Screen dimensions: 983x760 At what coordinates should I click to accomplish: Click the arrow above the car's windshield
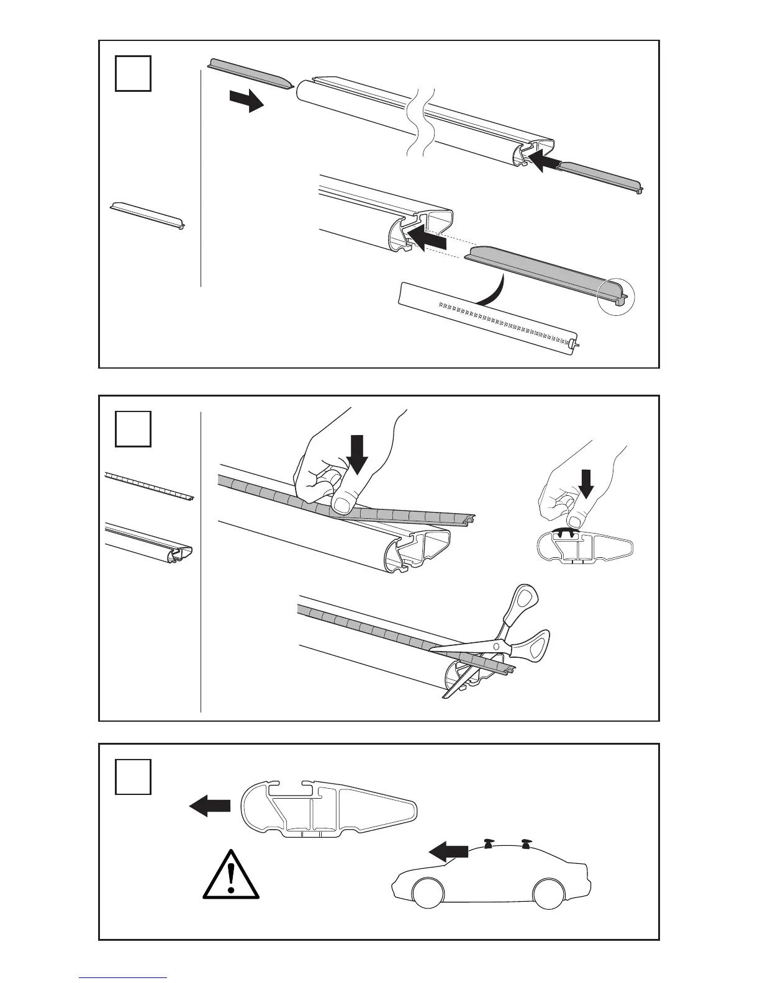[x=448, y=852]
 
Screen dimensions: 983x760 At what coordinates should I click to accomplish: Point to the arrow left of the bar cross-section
[x=209, y=806]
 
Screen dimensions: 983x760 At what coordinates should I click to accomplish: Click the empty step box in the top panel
[x=133, y=73]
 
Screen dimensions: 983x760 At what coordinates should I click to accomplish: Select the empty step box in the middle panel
[x=133, y=428]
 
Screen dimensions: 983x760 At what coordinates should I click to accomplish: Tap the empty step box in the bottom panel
[x=133, y=776]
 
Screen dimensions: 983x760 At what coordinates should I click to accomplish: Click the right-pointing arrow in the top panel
[x=247, y=100]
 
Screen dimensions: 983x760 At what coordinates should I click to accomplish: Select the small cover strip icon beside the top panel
[x=148, y=215]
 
